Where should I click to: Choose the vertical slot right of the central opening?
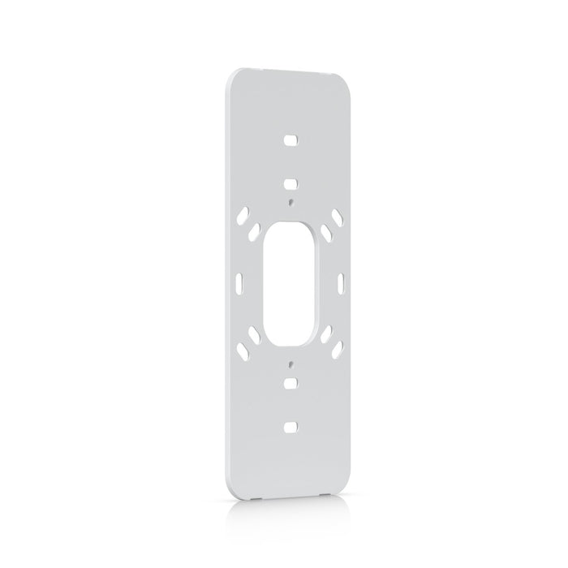[x=341, y=282]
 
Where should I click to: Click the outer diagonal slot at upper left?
[x=241, y=217]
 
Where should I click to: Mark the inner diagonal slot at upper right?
[x=325, y=232]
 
